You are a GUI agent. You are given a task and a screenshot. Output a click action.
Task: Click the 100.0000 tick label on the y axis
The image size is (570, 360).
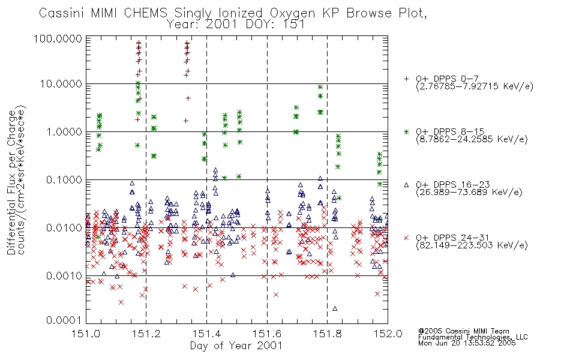tap(58, 38)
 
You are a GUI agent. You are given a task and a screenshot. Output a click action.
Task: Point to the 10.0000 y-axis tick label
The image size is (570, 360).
tap(61, 84)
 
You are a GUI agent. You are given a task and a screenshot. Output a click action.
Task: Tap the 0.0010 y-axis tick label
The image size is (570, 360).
tap(64, 276)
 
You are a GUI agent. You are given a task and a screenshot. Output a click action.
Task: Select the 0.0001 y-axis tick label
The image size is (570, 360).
tap(64, 320)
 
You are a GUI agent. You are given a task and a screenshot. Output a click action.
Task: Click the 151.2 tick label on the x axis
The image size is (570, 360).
tap(146, 334)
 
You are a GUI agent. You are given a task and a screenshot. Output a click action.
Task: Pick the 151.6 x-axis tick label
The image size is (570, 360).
tap(267, 334)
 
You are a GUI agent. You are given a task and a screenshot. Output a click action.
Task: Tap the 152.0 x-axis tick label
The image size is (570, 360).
tap(388, 334)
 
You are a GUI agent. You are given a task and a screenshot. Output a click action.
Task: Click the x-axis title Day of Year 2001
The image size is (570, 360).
tap(236, 346)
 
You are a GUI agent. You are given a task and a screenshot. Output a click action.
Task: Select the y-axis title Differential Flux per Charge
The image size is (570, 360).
tap(12, 182)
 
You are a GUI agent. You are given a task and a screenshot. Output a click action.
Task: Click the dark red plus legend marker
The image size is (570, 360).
tap(406, 79)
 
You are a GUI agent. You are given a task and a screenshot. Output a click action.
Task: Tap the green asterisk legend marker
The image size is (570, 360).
tap(406, 131)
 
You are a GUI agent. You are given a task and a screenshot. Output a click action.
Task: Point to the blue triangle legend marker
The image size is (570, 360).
tap(406, 185)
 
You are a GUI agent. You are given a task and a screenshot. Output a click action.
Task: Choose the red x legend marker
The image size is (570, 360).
tap(406, 238)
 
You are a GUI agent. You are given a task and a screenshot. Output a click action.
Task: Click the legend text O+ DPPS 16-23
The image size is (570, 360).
tap(453, 185)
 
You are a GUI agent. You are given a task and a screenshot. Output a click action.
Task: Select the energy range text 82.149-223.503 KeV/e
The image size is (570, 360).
tap(472, 245)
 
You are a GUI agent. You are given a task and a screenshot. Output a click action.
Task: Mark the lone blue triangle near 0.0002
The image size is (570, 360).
tap(335, 309)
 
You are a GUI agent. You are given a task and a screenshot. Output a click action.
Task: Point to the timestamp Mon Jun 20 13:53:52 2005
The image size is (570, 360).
tap(467, 343)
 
